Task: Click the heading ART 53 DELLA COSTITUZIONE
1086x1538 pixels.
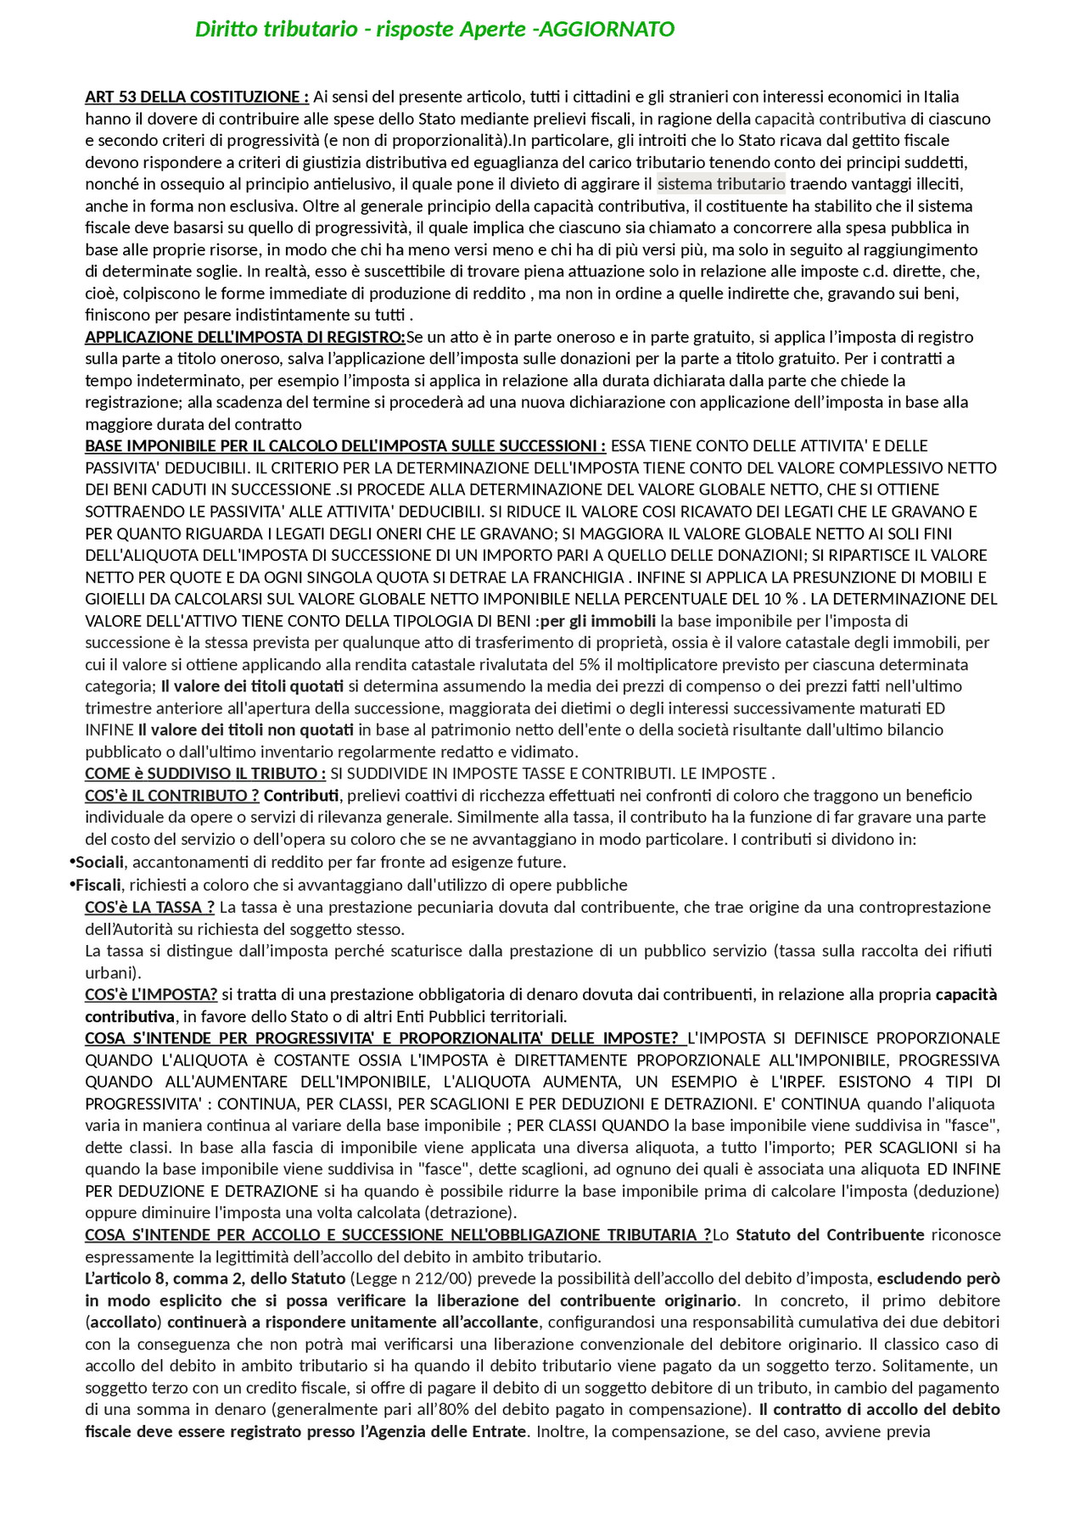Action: click(196, 97)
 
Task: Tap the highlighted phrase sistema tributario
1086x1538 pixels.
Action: click(721, 184)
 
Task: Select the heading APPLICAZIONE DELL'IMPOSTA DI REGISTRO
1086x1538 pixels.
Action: click(244, 337)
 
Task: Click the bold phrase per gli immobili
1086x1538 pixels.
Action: click(598, 620)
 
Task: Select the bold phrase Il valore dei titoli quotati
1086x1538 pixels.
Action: click(252, 685)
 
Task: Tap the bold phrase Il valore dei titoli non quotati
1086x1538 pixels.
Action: click(246, 730)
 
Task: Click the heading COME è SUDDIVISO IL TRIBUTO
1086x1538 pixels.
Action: click(204, 773)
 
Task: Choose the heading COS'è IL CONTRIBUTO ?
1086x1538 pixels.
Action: click(171, 795)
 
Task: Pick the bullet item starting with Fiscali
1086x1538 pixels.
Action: click(98, 885)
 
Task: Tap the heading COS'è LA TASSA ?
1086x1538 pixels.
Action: click(149, 907)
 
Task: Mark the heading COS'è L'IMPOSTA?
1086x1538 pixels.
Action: click(151, 994)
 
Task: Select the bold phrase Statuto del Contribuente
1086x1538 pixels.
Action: click(830, 1234)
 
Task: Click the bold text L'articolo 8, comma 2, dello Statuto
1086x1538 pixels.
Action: click(215, 1278)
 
